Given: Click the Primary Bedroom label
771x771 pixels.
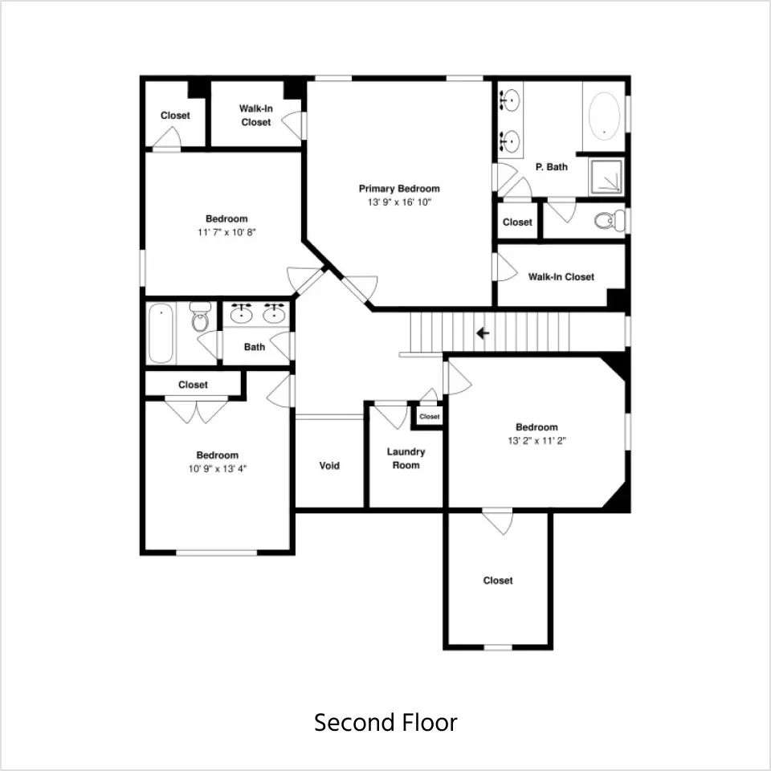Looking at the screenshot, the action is click(399, 189).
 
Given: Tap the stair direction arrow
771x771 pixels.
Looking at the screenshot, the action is click(483, 333).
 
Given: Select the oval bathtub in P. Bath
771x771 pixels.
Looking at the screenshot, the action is click(604, 116).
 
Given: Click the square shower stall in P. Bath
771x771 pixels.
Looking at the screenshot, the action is click(607, 176).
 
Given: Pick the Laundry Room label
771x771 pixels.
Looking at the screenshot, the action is click(406, 459).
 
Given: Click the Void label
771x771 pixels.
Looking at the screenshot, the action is click(329, 466).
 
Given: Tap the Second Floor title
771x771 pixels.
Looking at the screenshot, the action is click(385, 722).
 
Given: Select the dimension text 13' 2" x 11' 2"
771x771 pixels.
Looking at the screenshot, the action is click(537, 441).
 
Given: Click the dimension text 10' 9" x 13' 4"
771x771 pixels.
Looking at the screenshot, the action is click(218, 469).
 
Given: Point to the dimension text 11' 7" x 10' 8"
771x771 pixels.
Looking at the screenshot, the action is click(226, 233).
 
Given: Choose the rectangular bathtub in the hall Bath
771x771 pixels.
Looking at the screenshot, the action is click(161, 333).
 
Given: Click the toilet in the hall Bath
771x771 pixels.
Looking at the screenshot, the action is click(200, 316).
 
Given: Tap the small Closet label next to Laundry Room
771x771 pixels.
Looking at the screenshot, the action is click(429, 417).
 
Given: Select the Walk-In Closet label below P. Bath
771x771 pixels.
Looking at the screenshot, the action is click(561, 277).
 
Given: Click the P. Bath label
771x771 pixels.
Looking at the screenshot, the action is click(551, 167).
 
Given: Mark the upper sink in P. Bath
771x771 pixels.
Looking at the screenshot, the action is click(510, 100).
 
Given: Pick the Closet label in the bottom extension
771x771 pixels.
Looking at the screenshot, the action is click(498, 581).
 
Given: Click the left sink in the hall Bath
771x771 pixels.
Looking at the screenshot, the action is click(242, 314).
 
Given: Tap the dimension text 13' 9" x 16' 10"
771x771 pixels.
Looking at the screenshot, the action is click(399, 202).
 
